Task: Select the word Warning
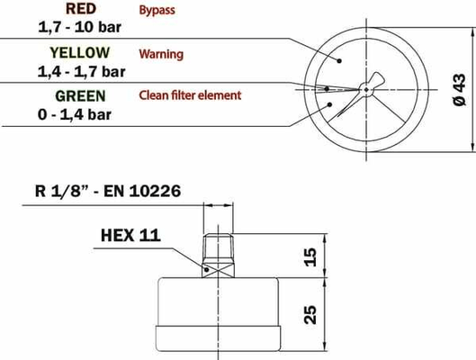coord(161,54)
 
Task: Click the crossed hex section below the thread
coord(220,267)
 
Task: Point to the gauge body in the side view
coord(220,310)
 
